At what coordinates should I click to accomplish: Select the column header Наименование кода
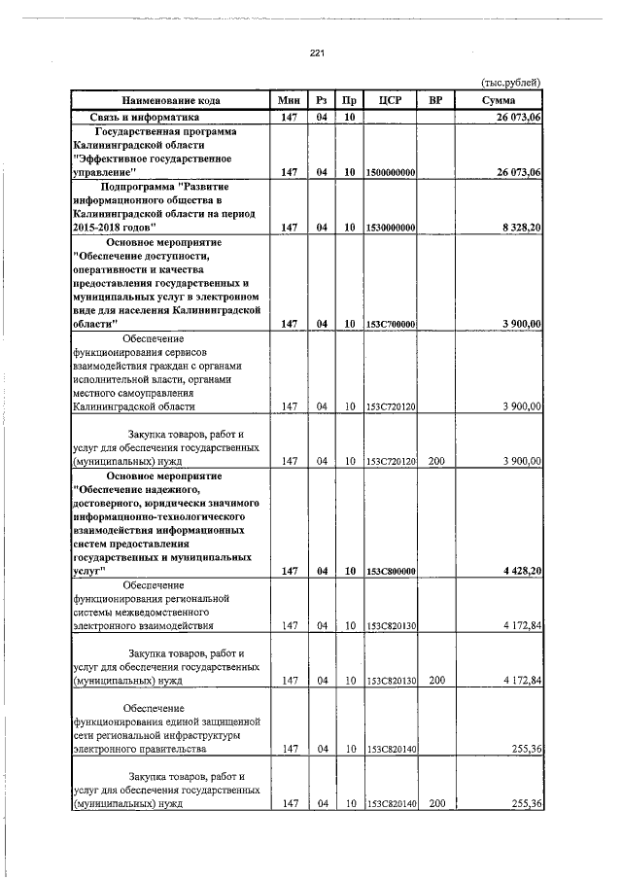[170, 100]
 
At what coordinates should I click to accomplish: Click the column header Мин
[288, 100]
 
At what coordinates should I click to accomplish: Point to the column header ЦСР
[390, 100]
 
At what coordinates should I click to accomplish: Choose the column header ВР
[435, 100]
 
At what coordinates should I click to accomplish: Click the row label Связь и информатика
[124, 117]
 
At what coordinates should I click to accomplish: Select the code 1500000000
[392, 172]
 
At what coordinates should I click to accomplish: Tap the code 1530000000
[392, 228]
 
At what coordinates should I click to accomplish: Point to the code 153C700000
[392, 324]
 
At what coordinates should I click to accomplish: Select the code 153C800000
[392, 572]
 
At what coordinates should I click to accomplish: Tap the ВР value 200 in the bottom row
[436, 804]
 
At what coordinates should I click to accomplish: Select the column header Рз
[321, 100]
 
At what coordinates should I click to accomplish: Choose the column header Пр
[347, 100]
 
